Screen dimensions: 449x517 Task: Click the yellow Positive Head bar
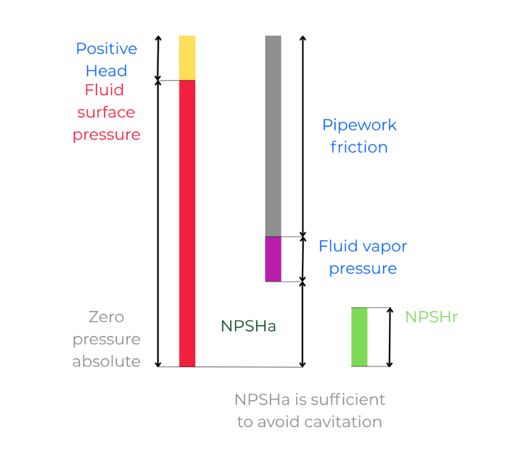[187, 58]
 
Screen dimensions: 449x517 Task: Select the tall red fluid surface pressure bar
[187, 223]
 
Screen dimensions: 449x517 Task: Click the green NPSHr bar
[359, 337]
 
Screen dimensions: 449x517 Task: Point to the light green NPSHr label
[431, 317]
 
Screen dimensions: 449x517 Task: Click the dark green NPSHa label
[248, 326]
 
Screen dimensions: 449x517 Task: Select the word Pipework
[359, 125]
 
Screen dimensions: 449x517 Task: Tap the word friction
[359, 147]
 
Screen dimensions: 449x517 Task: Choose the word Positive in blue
[106, 49]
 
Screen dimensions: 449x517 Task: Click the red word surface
[106, 112]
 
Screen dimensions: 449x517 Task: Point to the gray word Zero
[106, 317]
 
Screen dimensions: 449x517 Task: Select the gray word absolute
[106, 361]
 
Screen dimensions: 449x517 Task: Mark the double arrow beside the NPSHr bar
[390, 337]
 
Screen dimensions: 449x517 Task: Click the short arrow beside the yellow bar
[158, 58]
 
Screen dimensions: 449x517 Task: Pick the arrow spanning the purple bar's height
[303, 260]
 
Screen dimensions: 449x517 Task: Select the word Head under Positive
[106, 71]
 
